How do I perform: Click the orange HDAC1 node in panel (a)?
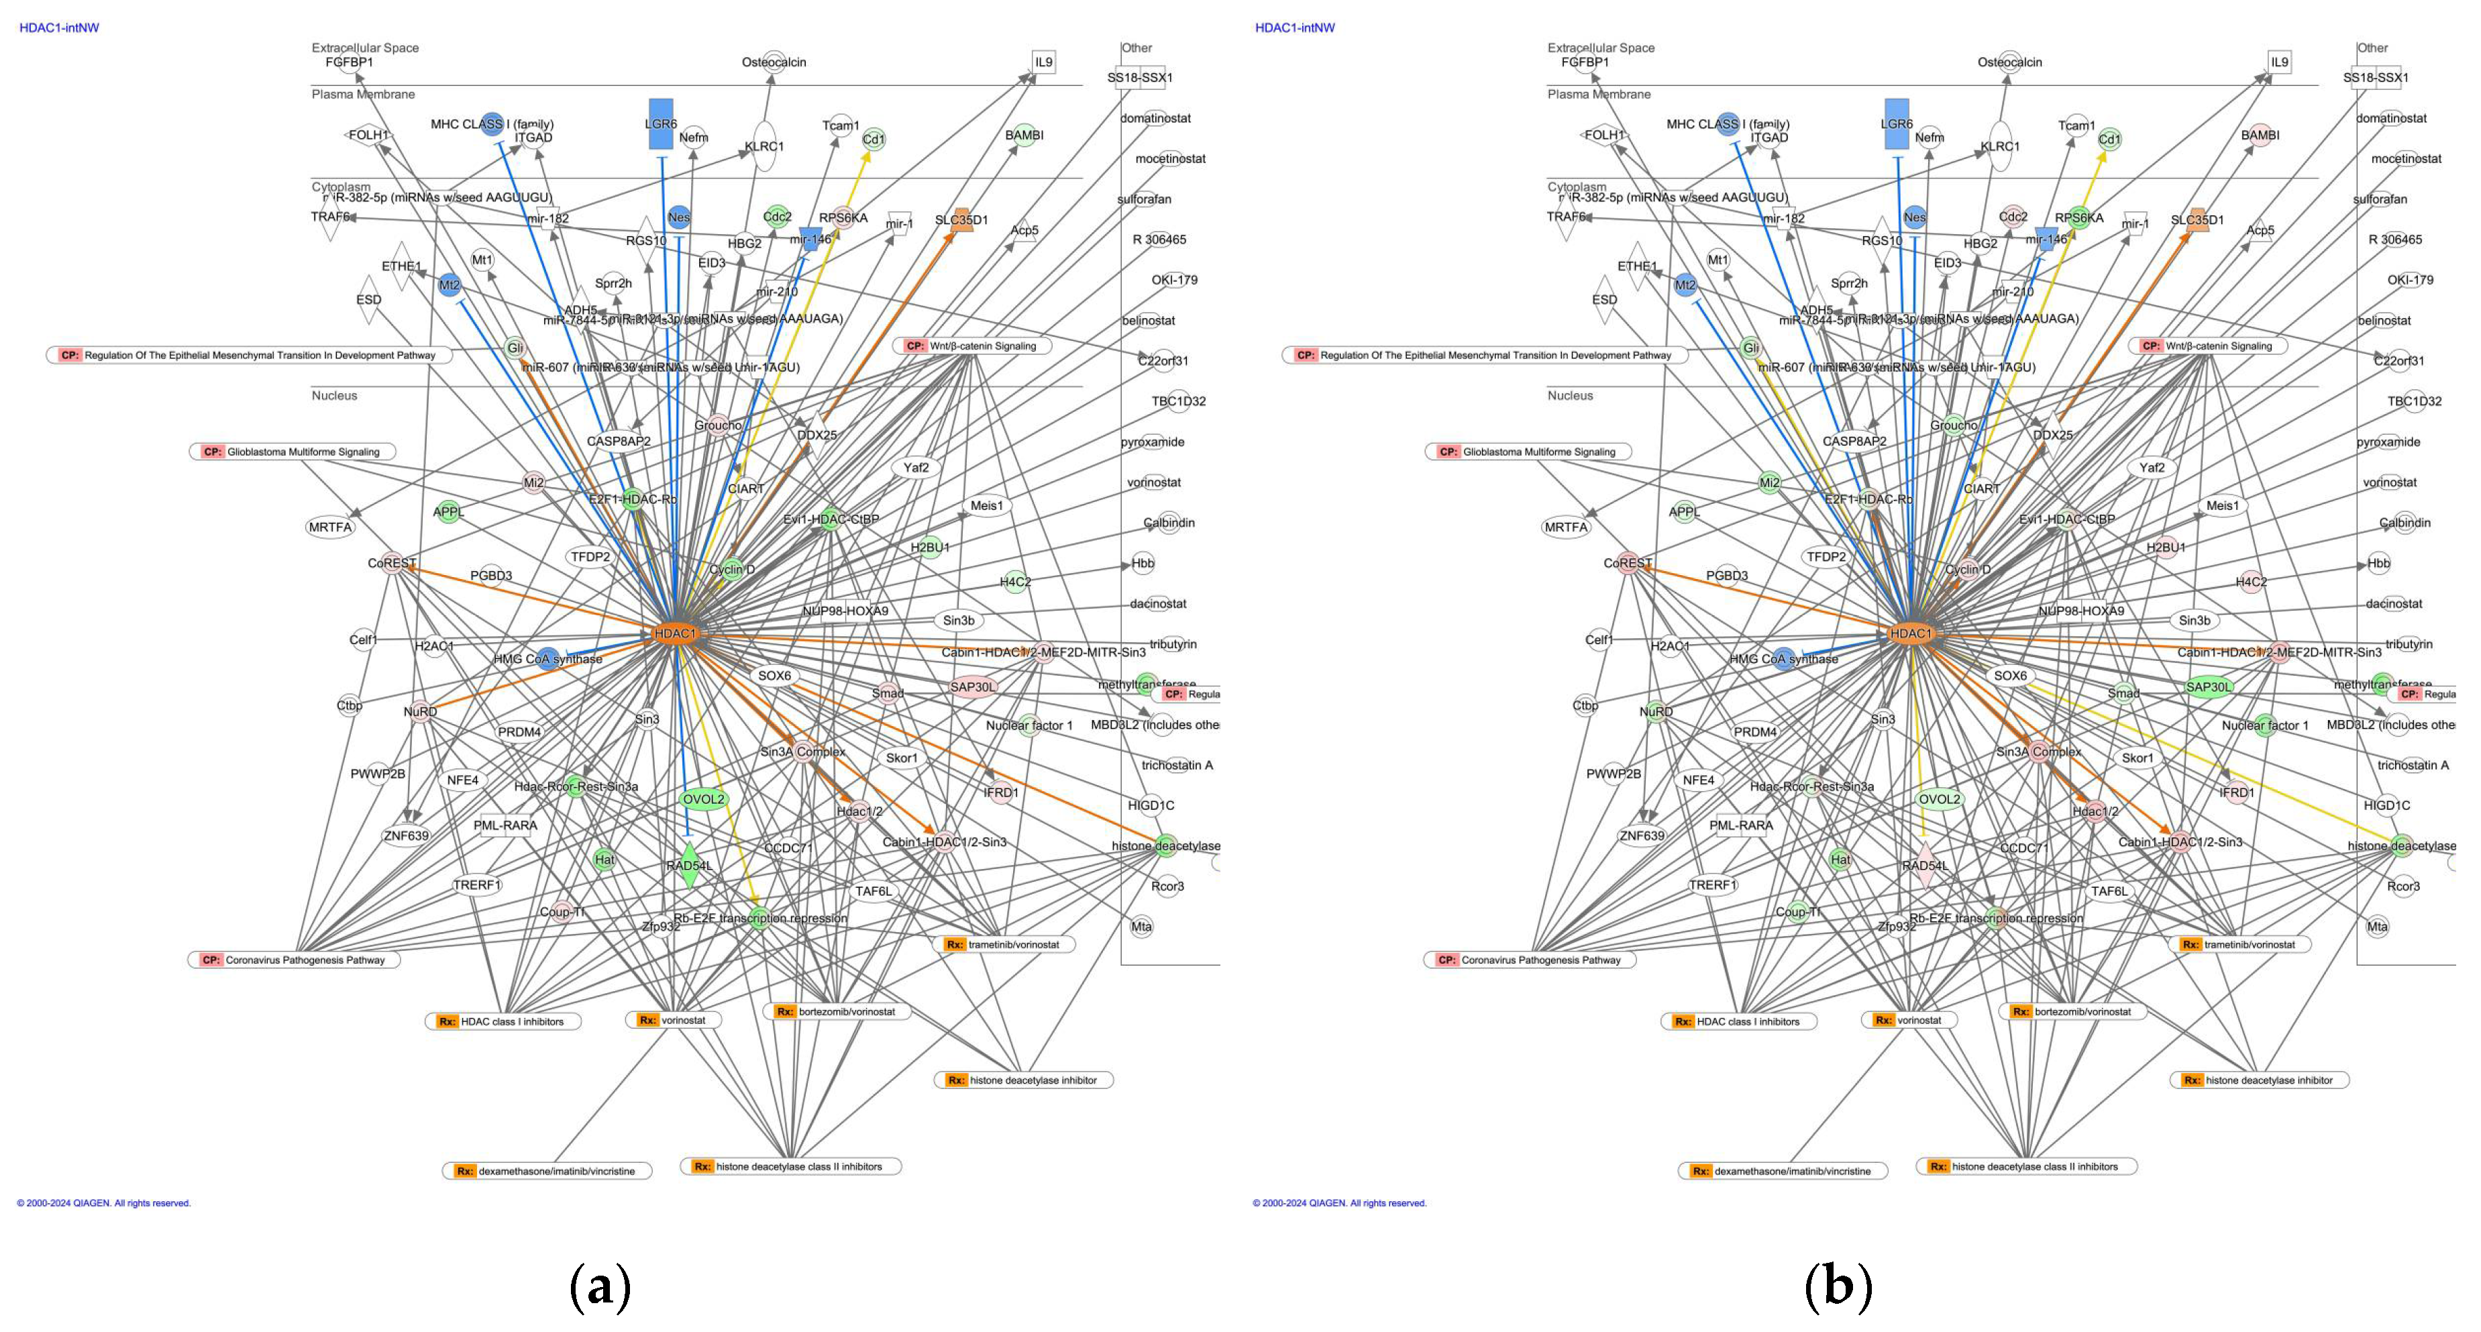coord(675,633)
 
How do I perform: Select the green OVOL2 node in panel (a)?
coord(703,799)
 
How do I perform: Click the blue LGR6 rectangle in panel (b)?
coord(1897,124)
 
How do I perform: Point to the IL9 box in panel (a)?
coord(1044,62)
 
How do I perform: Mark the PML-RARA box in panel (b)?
coord(1740,825)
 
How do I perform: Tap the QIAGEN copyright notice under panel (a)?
coord(104,1203)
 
